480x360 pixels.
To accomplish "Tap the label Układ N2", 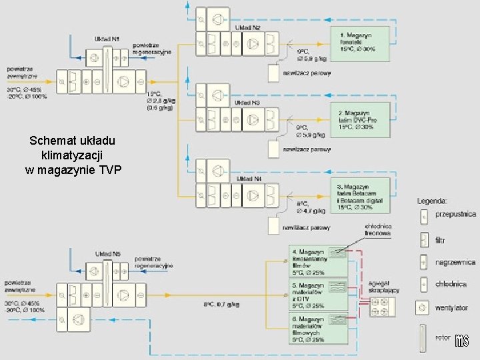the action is [x=247, y=28].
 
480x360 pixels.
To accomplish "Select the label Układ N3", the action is [x=247, y=103].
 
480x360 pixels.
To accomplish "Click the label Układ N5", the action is [x=107, y=254].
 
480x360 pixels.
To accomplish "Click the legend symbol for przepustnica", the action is [x=423, y=216].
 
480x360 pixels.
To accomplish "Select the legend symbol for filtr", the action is [x=423, y=240].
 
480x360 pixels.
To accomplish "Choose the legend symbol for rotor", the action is [x=423, y=339].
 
